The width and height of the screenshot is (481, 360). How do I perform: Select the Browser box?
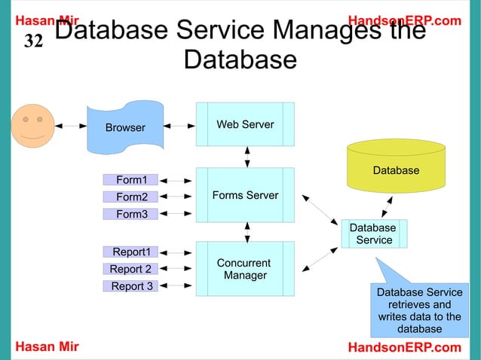(x=125, y=127)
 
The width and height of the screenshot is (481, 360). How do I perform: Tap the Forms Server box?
(x=245, y=195)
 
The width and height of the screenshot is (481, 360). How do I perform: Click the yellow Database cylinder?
(x=396, y=167)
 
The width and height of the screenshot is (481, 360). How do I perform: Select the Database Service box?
(x=373, y=233)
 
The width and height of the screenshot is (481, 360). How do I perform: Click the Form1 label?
(x=131, y=179)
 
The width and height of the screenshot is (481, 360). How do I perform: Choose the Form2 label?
(x=131, y=197)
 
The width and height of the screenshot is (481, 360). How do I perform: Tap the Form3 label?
(x=131, y=214)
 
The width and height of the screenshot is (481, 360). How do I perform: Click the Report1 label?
(x=131, y=252)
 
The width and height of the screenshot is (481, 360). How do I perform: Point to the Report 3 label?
(x=131, y=286)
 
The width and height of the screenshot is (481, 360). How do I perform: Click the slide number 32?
(x=34, y=41)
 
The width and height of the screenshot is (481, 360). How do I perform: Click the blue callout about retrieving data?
(x=419, y=310)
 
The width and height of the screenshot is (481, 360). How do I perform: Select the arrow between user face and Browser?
(x=72, y=126)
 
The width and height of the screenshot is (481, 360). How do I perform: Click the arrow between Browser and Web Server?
(x=178, y=126)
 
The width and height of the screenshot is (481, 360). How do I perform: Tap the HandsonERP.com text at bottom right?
(x=404, y=347)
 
